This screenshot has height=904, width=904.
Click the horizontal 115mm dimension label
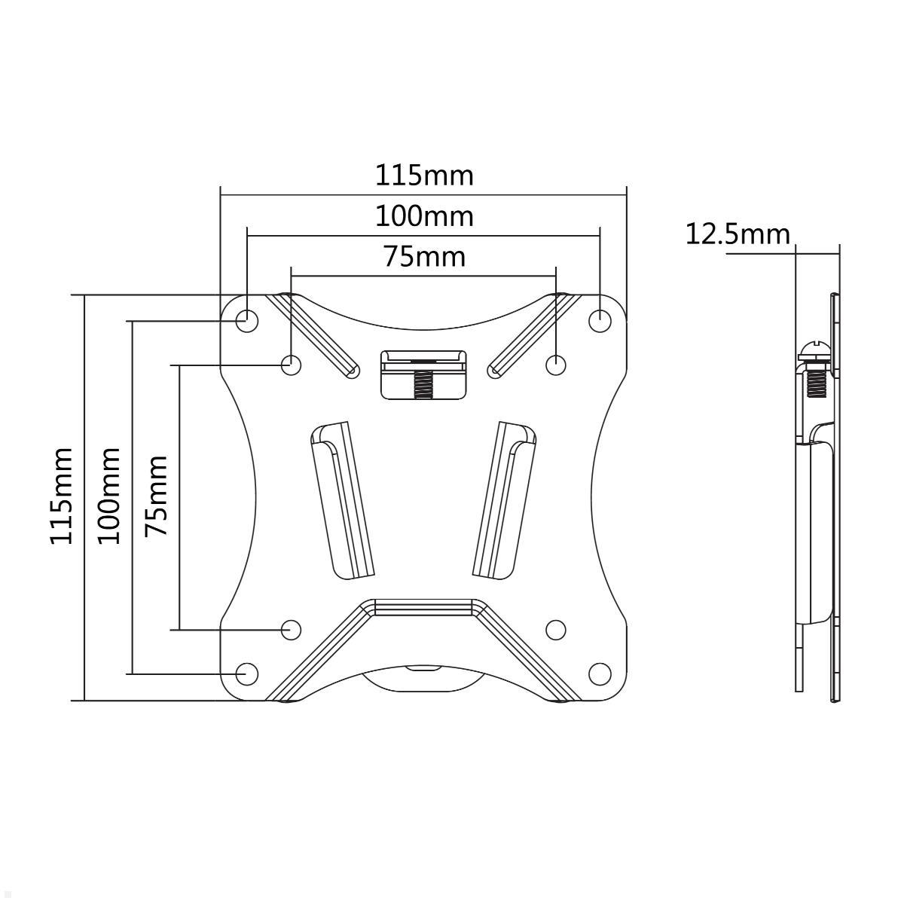(x=425, y=176)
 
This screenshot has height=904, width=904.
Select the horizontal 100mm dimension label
(x=425, y=216)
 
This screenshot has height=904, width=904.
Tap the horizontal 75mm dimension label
(x=425, y=257)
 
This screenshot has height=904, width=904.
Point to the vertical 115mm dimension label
(x=62, y=496)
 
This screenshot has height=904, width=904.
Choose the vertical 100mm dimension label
(x=108, y=496)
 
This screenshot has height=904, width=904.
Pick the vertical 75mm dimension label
(x=156, y=496)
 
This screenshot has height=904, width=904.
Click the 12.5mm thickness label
(x=738, y=234)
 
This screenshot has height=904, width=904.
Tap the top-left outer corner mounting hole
(x=247, y=321)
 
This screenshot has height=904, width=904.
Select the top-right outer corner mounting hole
(x=600, y=321)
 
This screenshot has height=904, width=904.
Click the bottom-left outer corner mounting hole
(x=247, y=674)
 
